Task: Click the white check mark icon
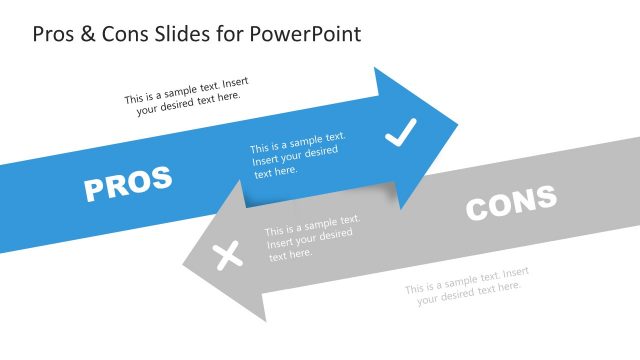click(400, 132)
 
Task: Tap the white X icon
click(229, 256)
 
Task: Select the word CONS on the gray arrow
click(511, 203)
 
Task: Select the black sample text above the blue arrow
click(182, 97)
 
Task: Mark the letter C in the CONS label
click(478, 209)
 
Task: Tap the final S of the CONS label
click(546, 197)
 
